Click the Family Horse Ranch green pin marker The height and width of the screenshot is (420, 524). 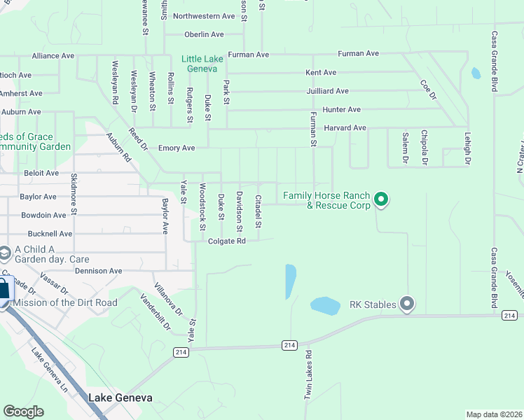tap(381, 200)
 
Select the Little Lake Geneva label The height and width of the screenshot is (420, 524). tap(202, 64)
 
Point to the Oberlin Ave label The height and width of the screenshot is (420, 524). tap(204, 34)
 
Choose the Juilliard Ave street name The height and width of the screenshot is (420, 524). tap(327, 91)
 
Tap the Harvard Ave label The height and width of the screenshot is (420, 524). tap(345, 128)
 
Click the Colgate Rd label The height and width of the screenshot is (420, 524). tap(227, 241)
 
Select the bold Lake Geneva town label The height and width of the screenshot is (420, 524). tap(120, 398)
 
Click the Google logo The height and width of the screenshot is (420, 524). tap(23, 412)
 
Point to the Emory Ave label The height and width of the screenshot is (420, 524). tap(177, 148)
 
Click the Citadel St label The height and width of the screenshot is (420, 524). tap(258, 211)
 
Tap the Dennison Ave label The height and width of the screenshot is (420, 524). tap(99, 271)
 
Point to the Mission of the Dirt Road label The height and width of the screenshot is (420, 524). tap(66, 302)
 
